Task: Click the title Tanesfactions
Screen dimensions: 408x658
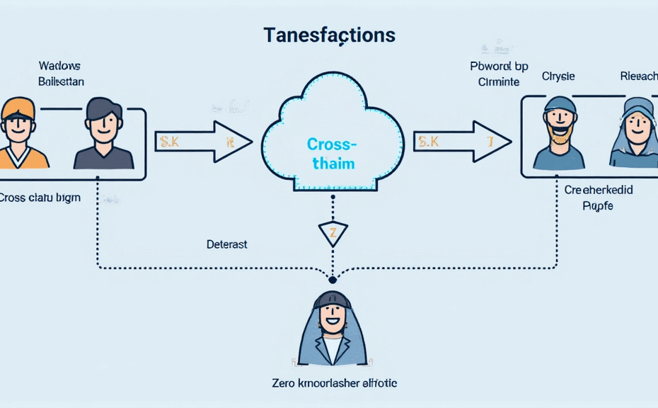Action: click(329, 35)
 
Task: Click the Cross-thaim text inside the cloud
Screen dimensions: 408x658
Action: click(332, 154)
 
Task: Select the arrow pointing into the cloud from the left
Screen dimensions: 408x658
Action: click(203, 142)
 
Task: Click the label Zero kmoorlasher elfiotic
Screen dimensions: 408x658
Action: click(335, 383)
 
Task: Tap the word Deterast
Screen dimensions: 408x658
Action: click(226, 244)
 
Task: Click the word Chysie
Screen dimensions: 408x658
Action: click(559, 76)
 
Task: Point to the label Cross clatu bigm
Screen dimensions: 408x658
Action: click(40, 198)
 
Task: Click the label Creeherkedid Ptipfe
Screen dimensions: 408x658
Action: click(598, 198)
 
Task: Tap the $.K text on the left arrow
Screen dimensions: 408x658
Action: click(169, 142)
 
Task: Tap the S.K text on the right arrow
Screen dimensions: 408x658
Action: click(428, 142)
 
